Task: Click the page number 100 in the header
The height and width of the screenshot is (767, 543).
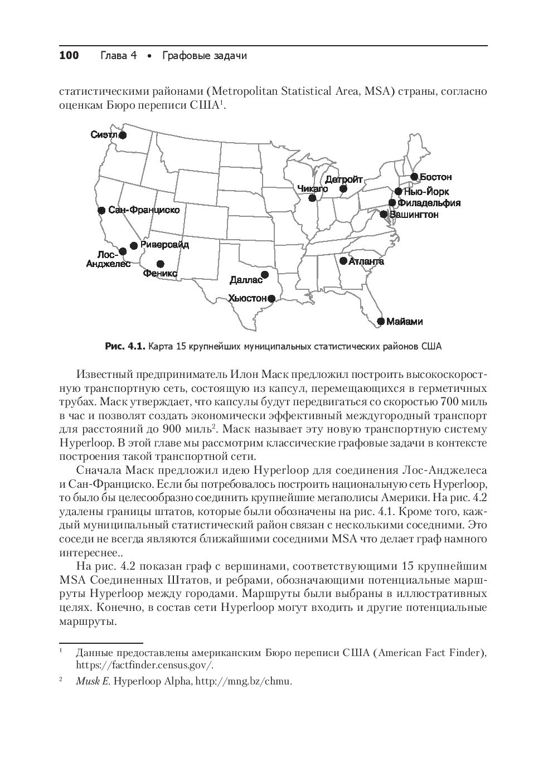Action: [69, 55]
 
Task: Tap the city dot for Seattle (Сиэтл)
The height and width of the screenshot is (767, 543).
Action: [123, 134]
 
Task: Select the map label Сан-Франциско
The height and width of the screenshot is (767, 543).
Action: [144, 210]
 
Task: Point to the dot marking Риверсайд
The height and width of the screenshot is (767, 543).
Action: [134, 245]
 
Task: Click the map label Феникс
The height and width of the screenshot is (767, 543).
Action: [160, 274]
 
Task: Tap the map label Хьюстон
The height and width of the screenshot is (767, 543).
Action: [248, 298]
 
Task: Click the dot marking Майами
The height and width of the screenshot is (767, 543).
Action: [381, 321]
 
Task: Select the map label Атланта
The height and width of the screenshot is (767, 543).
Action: [366, 261]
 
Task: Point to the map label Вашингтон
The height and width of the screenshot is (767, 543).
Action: [414, 215]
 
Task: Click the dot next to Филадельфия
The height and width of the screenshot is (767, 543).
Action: [392, 203]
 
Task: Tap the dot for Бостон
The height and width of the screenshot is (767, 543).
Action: [414, 177]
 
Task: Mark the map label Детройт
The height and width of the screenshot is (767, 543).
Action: [343, 179]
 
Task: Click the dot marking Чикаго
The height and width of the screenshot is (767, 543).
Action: [312, 198]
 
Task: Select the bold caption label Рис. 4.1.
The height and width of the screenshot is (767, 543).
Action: [125, 347]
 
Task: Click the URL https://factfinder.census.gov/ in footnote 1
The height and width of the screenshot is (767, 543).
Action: [144, 665]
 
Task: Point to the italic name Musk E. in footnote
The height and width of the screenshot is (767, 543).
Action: [93, 681]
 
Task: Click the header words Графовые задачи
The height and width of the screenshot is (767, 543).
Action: [204, 55]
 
